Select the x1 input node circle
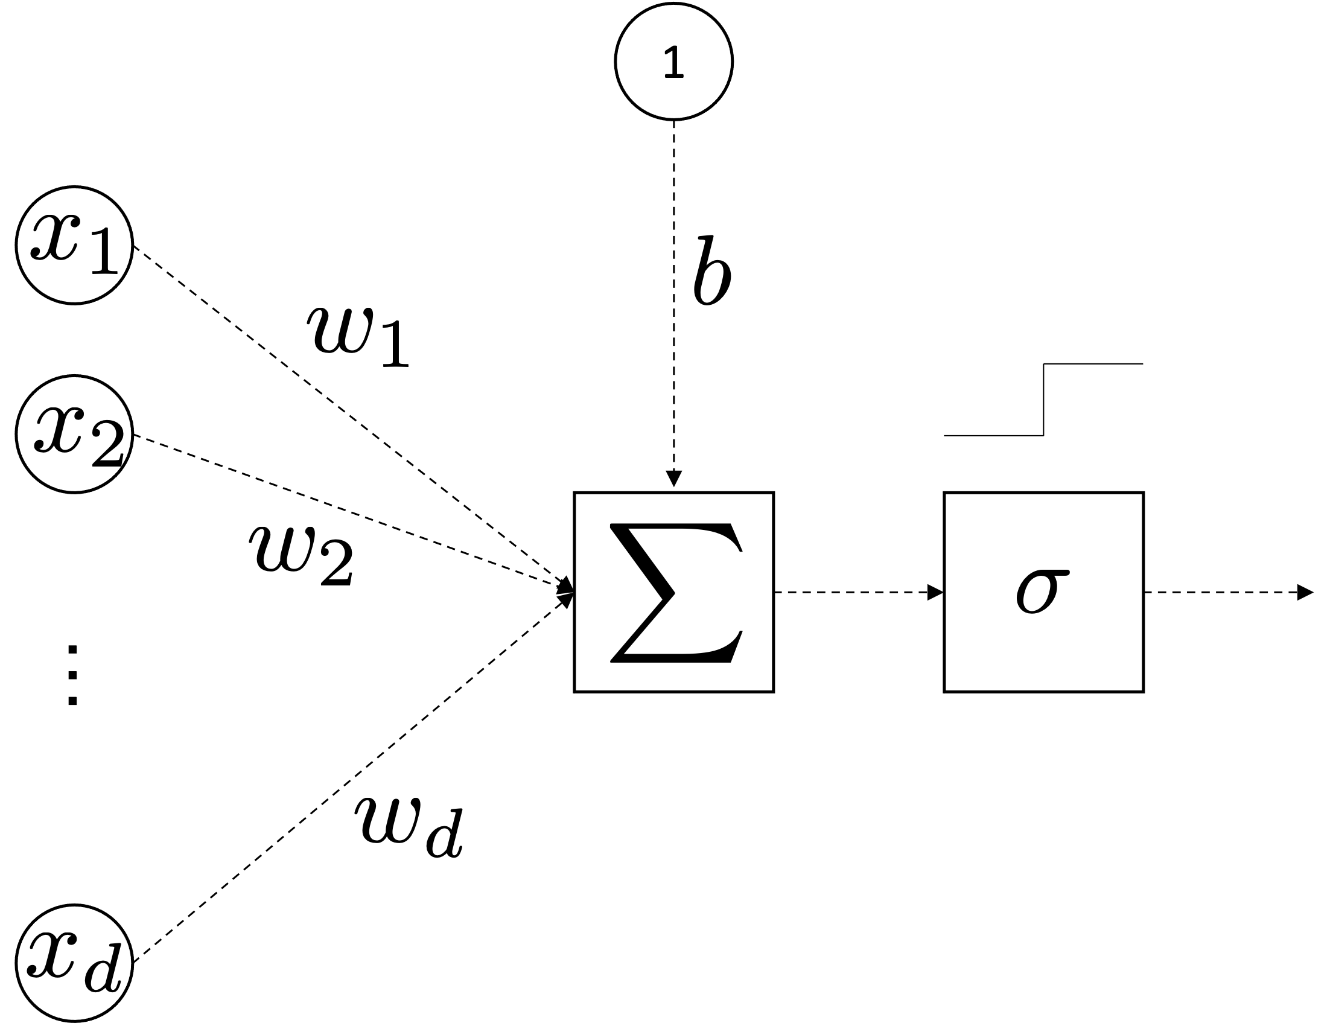[x=74, y=246]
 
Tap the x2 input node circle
[x=74, y=434]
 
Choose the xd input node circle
[x=74, y=964]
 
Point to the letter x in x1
[x=56, y=237]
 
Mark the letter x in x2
[x=57, y=429]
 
